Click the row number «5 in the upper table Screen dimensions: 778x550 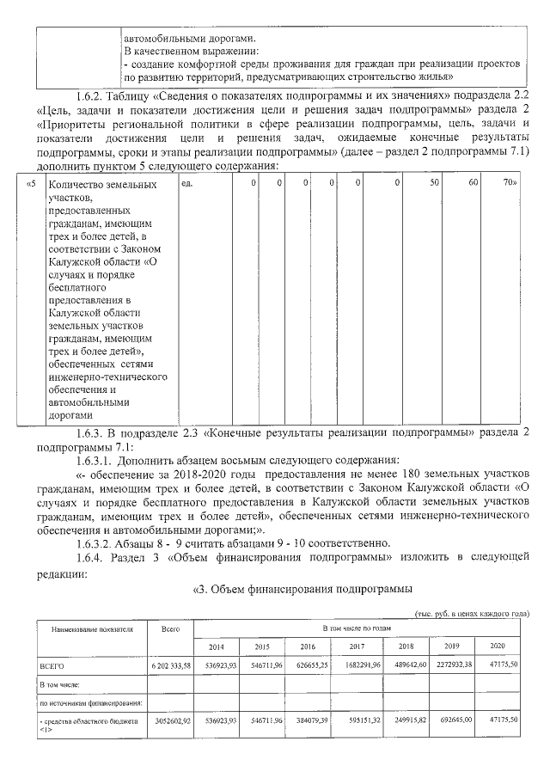[x=32, y=183]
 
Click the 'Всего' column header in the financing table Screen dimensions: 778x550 [x=170, y=629]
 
